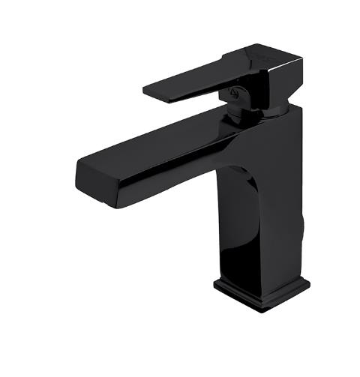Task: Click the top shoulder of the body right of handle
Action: (292, 112)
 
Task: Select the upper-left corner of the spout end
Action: (78, 160)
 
